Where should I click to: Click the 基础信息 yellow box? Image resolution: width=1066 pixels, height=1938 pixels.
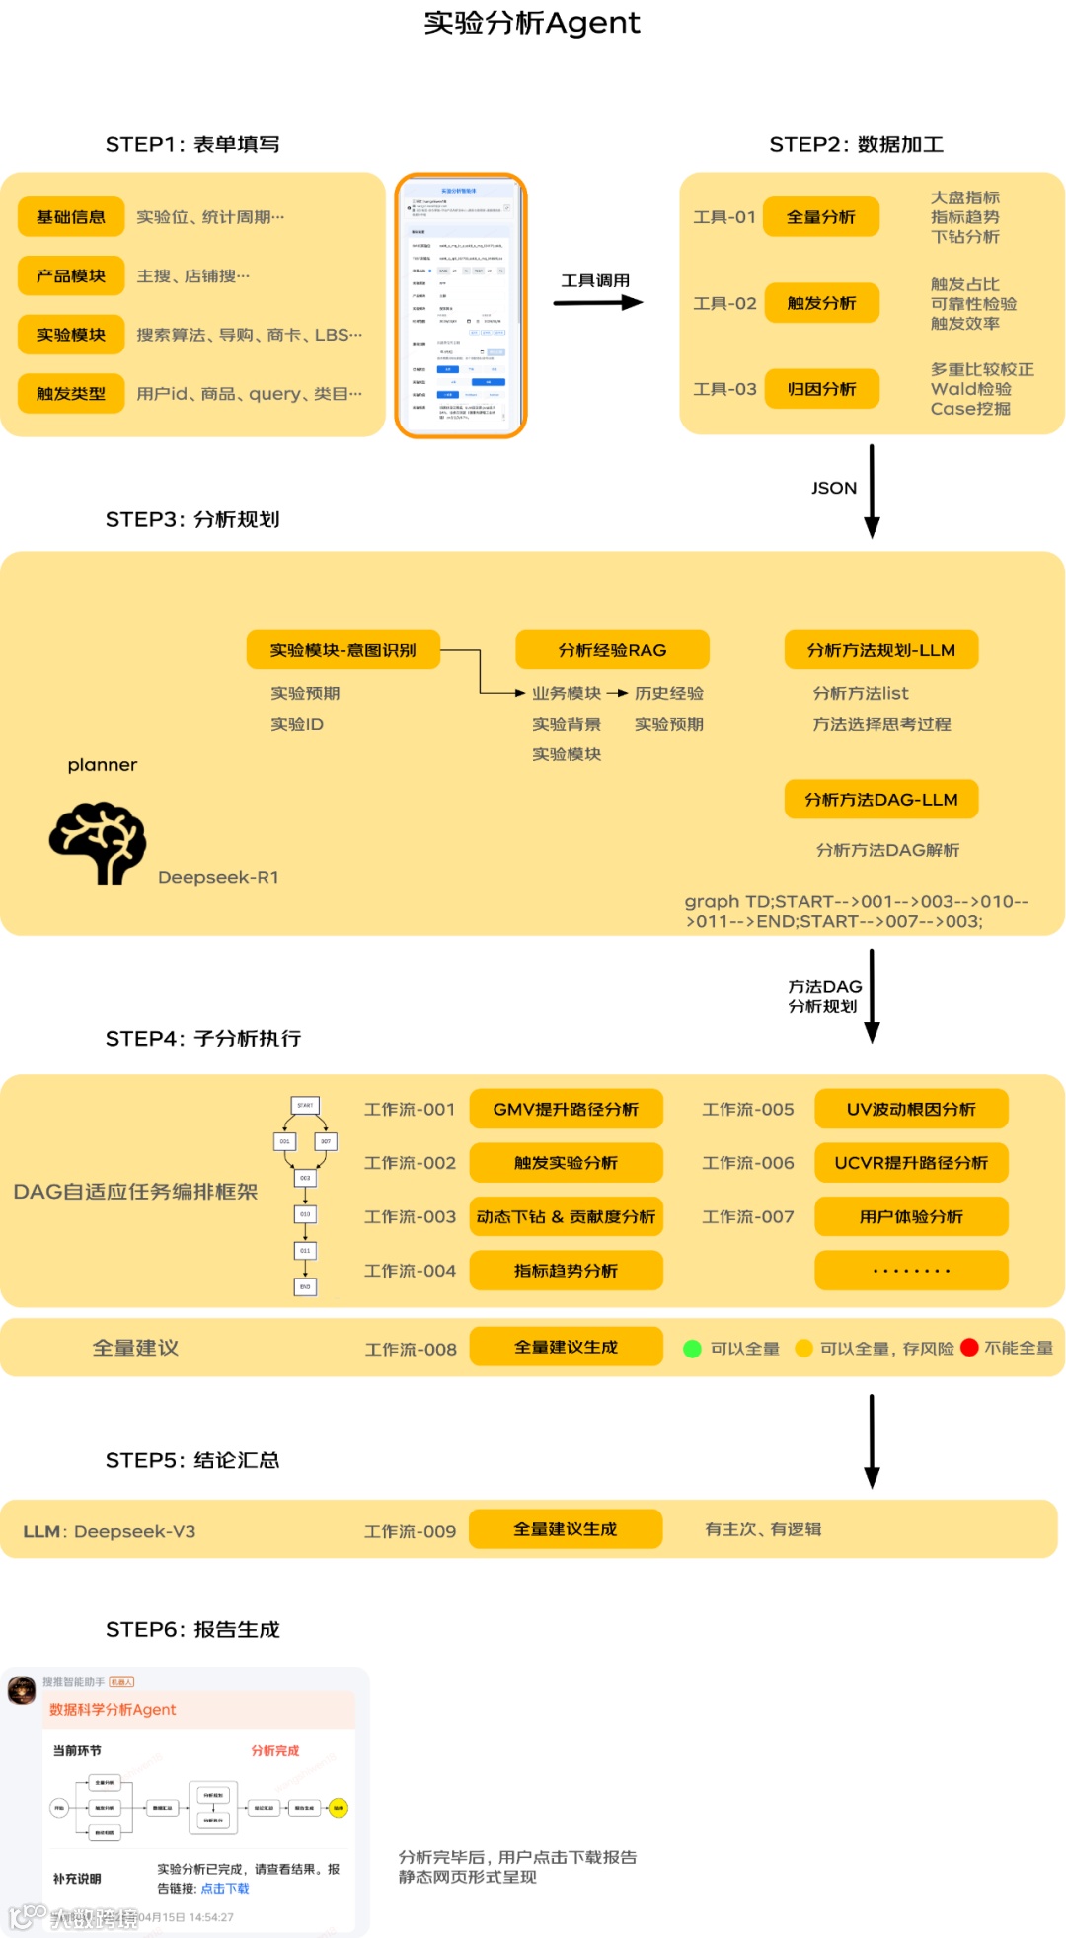pos(71,217)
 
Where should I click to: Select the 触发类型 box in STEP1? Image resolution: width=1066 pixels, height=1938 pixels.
pos(71,394)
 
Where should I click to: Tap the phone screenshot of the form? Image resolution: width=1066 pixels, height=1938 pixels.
pos(461,305)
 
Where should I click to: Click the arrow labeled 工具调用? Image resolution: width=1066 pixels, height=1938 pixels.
pos(598,302)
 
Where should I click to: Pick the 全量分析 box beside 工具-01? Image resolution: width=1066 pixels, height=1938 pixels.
pos(821,217)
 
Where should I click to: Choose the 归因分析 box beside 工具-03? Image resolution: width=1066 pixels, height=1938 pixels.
pos(821,389)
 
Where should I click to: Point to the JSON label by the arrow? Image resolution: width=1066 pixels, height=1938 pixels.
pos(834,488)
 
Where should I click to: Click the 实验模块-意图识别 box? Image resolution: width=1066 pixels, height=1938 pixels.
pos(343,650)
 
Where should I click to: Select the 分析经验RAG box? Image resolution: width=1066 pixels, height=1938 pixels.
pos(612,650)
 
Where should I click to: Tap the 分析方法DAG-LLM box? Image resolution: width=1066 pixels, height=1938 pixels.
pos(881,800)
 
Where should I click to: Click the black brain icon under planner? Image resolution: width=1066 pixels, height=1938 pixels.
pos(98,842)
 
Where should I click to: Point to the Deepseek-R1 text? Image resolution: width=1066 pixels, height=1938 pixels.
pos(218,877)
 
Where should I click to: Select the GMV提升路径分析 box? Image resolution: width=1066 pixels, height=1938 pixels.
pos(566,1110)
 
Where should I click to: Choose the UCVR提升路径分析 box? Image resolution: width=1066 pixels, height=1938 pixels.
pos(911,1163)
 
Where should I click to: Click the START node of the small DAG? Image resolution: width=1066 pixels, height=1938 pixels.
pos(305,1106)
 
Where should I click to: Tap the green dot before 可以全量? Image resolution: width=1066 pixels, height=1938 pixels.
pos(692,1349)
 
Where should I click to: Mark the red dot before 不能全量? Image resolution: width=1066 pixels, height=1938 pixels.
pos(969,1348)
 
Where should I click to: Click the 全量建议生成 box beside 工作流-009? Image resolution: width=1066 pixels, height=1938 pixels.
pos(566,1529)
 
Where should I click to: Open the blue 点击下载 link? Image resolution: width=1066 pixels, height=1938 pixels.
pos(225,1888)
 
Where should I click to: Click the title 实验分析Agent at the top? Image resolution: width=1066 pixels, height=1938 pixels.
pos(532,23)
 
